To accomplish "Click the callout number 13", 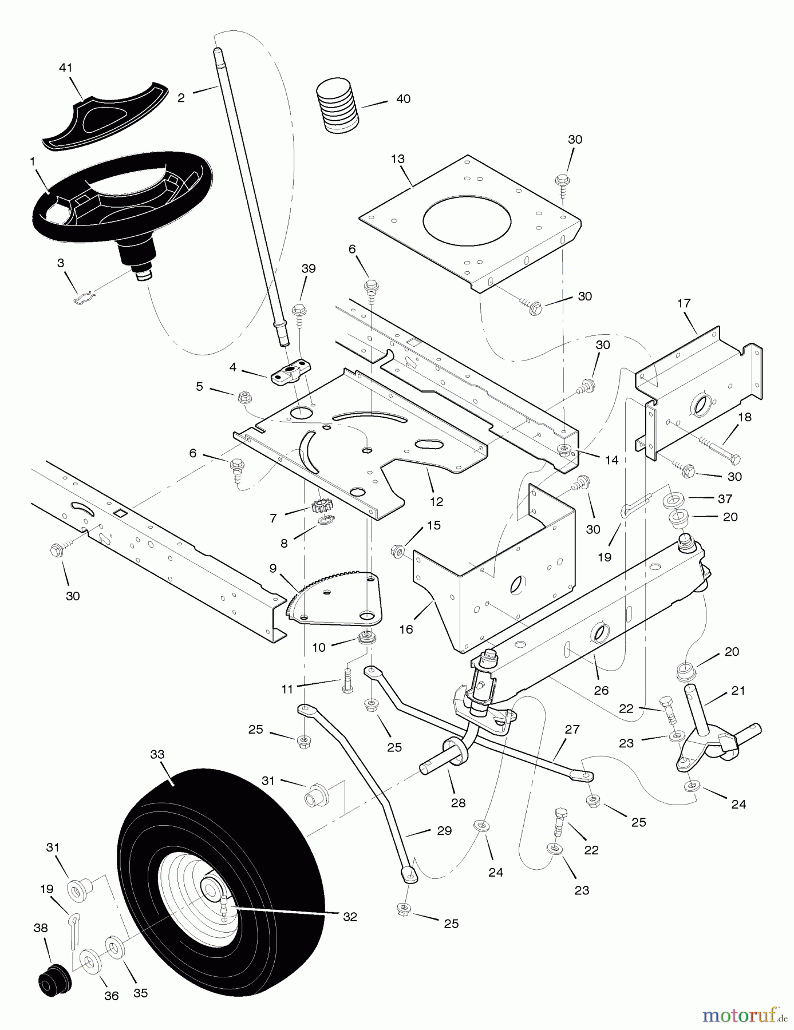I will (x=398, y=159).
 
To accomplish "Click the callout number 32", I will (x=350, y=916).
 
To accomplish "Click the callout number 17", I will (x=684, y=303).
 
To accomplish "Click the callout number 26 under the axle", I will (x=601, y=691).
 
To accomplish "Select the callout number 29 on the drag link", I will (x=444, y=830).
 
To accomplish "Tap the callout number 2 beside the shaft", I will (x=181, y=98).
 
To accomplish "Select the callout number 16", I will (x=406, y=629).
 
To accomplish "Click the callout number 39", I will (x=309, y=269).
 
